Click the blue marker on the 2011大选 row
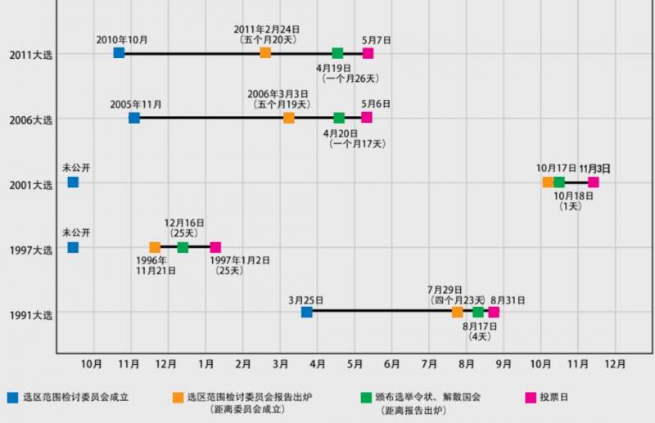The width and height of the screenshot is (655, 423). [x=119, y=53]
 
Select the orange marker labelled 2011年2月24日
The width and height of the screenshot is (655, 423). [x=265, y=53]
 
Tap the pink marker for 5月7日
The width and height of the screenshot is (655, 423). [x=368, y=53]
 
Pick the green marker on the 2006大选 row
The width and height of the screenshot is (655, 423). [x=339, y=118]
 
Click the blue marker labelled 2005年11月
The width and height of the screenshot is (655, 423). [x=134, y=118]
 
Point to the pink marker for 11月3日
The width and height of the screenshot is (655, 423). [x=593, y=182]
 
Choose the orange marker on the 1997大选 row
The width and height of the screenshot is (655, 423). [x=155, y=247]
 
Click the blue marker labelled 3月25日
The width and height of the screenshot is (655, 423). [x=306, y=312]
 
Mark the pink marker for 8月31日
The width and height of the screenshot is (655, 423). [x=493, y=312]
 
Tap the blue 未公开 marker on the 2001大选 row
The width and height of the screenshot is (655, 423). [x=73, y=182]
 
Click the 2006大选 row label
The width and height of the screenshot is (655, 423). [x=30, y=119]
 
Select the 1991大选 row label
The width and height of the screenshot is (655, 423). [x=30, y=314]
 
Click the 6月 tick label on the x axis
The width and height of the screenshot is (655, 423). [x=392, y=362]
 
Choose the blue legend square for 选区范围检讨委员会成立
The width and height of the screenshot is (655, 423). [x=12, y=398]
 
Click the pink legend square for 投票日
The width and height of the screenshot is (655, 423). [x=530, y=398]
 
